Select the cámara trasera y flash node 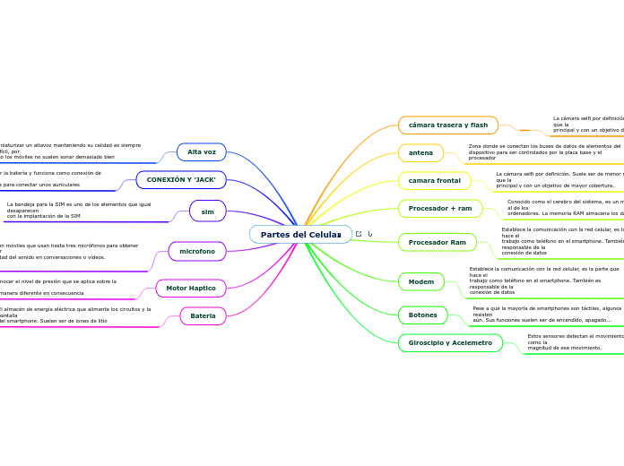(x=447, y=125)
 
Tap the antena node (x=420, y=153)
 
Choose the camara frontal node (x=434, y=181)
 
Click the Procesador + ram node (x=439, y=209)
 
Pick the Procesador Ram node (x=437, y=242)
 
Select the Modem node (x=420, y=281)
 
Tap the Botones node (x=422, y=315)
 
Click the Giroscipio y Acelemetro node (x=450, y=342)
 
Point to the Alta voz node (x=201, y=152)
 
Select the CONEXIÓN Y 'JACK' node (x=180, y=180)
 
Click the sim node (x=207, y=211)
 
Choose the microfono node (x=197, y=252)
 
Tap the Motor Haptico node (x=190, y=289)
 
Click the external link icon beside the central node (x=359, y=235)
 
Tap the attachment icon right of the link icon (x=370, y=235)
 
